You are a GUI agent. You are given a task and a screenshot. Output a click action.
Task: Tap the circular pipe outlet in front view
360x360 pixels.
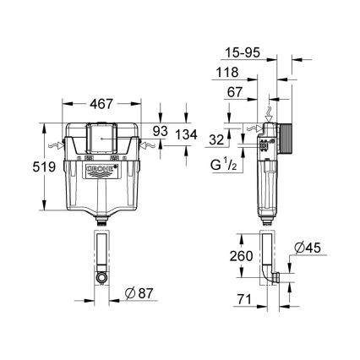click(101, 277)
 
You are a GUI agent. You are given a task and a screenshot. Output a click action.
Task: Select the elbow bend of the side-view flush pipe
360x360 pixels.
click(270, 277)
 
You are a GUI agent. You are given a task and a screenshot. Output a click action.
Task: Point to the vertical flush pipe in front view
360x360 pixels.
click(101, 254)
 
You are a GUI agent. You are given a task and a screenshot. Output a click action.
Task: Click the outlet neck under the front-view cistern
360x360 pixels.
click(101, 221)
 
